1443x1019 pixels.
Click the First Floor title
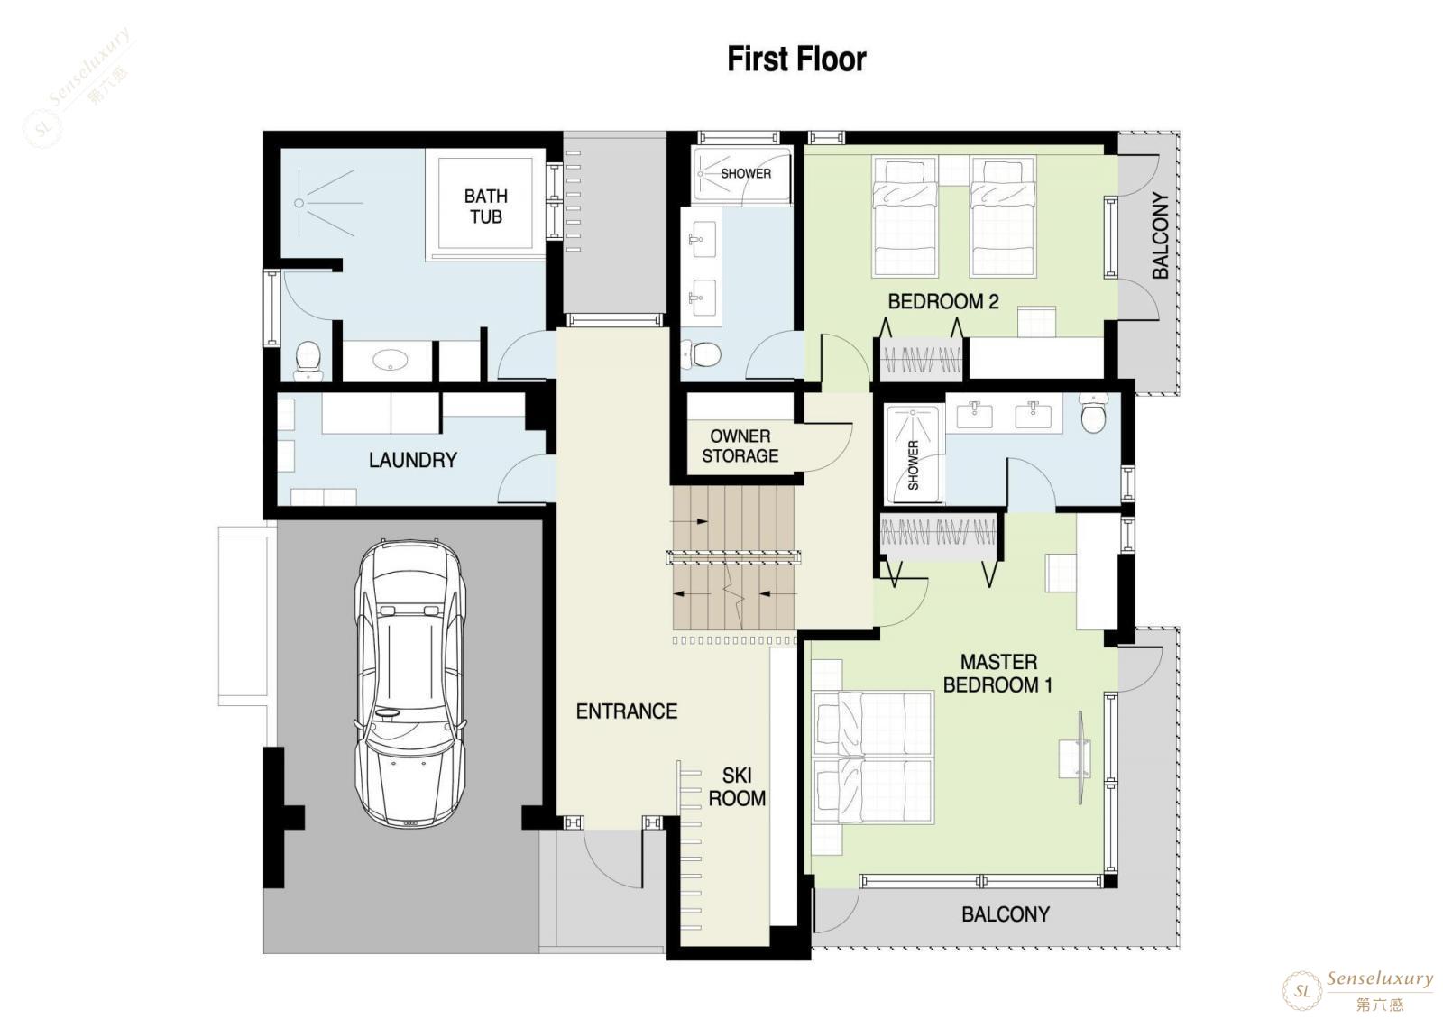(796, 60)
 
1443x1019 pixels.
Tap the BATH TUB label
(486, 207)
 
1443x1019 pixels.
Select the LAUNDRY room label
(413, 460)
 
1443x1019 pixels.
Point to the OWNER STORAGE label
(740, 445)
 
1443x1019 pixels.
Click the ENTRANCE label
(626, 711)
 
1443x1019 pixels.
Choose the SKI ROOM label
(737, 786)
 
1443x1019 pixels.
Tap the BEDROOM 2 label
(943, 301)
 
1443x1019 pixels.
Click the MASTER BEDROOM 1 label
(997, 673)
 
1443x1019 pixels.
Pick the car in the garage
(409, 683)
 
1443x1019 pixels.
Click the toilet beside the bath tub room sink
(308, 361)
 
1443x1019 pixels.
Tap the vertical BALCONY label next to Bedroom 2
(1160, 235)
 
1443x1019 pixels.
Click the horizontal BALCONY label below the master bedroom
(1006, 914)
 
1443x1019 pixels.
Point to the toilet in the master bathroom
(1093, 413)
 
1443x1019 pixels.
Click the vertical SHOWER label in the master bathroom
(913, 465)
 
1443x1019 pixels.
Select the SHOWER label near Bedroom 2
(745, 173)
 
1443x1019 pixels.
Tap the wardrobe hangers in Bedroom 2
(921, 360)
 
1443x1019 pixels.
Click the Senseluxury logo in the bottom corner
(1357, 991)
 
